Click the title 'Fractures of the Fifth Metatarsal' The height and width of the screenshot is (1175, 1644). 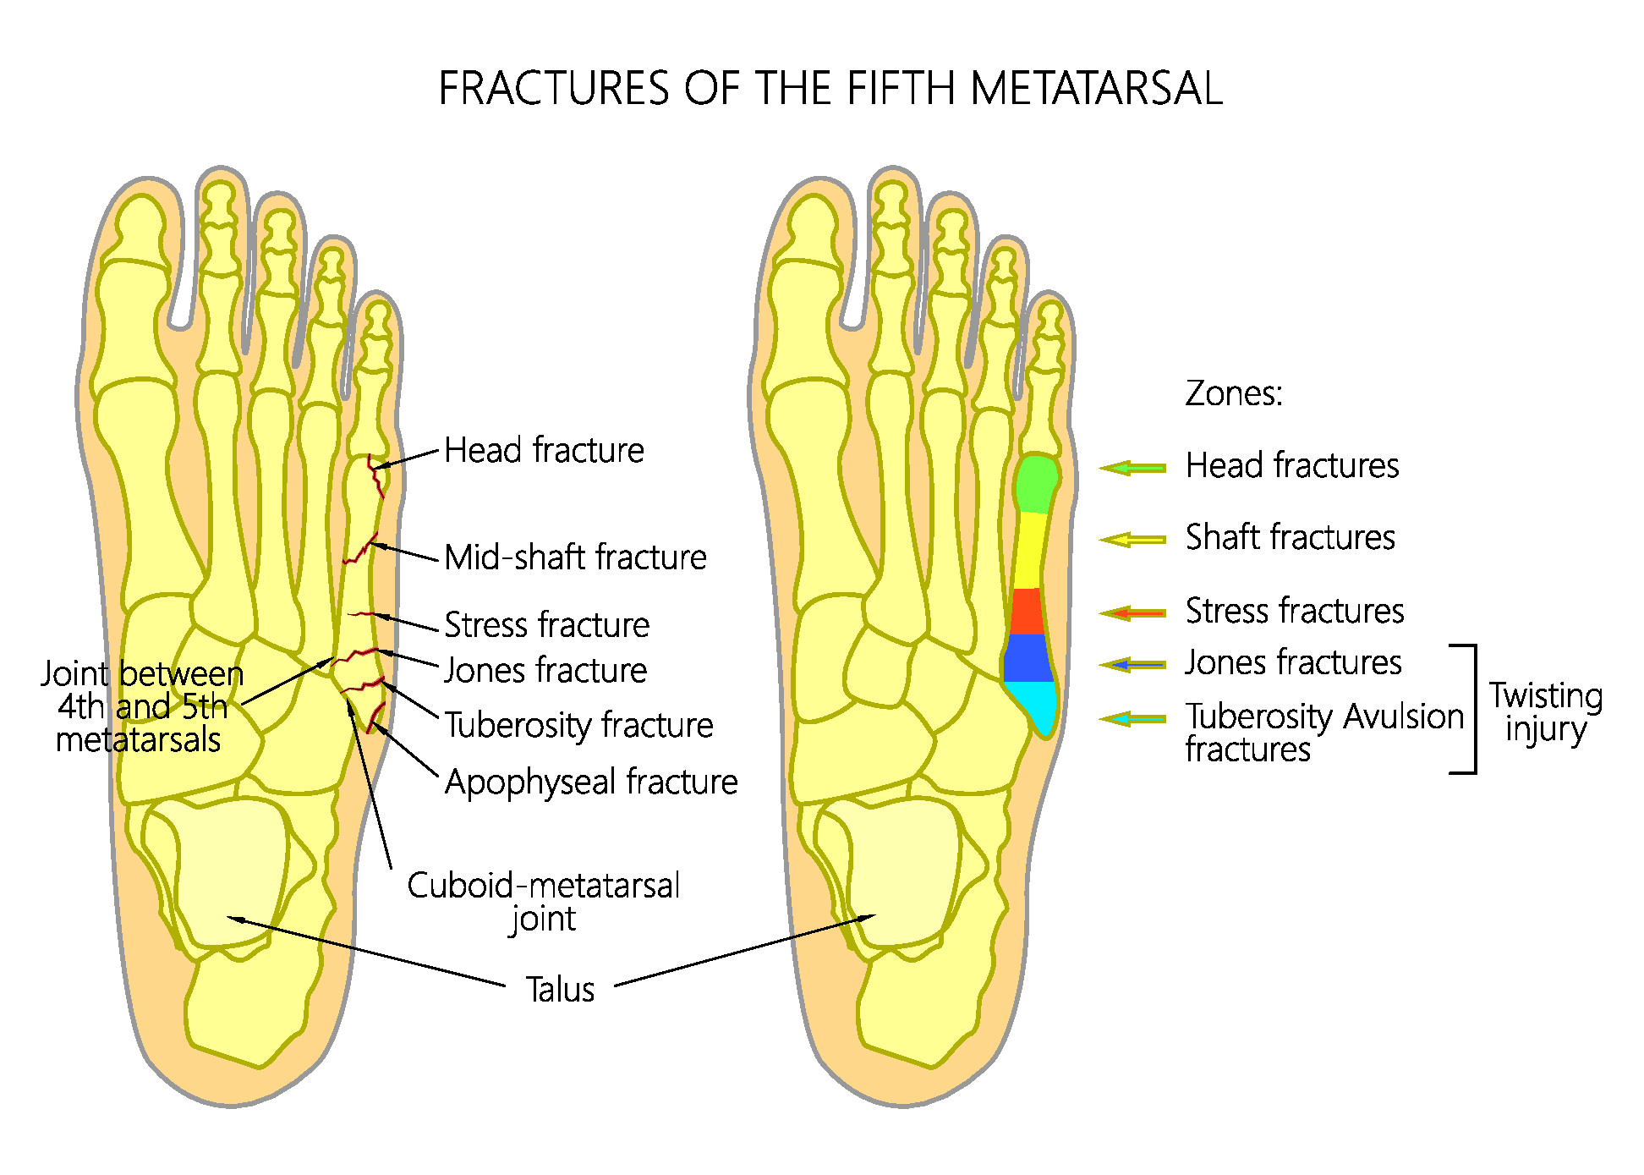830,88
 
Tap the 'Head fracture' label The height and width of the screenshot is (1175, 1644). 544,450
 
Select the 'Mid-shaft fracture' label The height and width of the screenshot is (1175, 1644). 575,557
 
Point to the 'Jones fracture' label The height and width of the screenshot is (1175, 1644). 545,671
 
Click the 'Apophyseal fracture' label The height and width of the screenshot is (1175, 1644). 591,782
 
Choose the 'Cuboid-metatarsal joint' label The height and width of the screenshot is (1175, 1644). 543,902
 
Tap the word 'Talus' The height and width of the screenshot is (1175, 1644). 560,989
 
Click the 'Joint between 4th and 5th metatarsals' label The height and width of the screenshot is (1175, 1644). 142,706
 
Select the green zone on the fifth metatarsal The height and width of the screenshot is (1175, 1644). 1036,483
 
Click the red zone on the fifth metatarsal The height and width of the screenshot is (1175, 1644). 1027,611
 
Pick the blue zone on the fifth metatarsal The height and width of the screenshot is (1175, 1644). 1027,658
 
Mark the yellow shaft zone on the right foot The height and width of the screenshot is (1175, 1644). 1031,550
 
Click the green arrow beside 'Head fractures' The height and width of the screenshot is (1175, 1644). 1132,467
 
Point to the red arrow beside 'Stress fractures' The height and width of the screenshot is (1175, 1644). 1132,612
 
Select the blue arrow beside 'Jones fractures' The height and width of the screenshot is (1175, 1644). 1132,665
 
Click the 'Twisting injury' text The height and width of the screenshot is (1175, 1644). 1546,712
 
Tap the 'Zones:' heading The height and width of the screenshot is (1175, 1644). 1234,393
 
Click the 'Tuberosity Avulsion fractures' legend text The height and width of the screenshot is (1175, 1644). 1324,733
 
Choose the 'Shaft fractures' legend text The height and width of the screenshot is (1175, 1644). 1291,537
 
